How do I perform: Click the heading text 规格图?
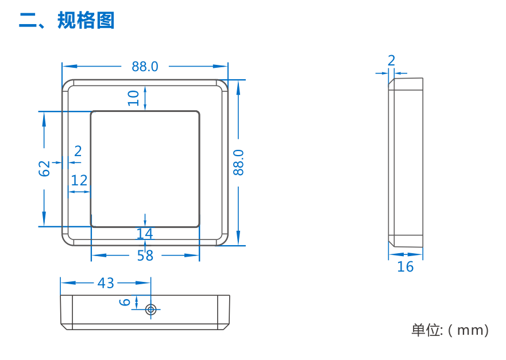(86, 21)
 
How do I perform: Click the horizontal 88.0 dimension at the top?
(145, 67)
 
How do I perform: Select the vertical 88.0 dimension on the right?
(239, 162)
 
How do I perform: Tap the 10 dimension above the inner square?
(134, 97)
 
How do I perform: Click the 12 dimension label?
(79, 181)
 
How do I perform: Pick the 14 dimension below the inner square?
(145, 234)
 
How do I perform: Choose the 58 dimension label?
(145, 256)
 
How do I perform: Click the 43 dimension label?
(106, 282)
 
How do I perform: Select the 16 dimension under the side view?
(405, 267)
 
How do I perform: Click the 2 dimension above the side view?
(392, 60)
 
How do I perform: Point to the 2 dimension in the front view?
(78, 152)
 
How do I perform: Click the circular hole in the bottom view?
(151, 309)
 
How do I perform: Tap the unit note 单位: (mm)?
(450, 330)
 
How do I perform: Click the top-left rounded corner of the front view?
(67, 84)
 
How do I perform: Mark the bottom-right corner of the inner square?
(199, 226)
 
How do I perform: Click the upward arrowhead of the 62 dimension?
(44, 115)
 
